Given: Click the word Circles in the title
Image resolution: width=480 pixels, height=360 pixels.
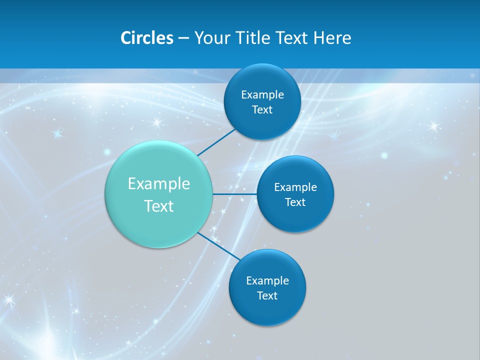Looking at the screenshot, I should (x=146, y=38).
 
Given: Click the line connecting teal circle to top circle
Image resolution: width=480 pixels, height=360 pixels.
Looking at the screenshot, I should (x=216, y=142).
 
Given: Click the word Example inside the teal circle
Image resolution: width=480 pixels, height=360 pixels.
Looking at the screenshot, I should (x=159, y=184).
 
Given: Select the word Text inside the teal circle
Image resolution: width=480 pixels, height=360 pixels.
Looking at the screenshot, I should (x=159, y=206).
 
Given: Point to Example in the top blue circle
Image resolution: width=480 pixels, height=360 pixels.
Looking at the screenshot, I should (x=262, y=95).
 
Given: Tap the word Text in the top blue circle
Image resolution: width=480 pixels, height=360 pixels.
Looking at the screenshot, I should (x=262, y=110).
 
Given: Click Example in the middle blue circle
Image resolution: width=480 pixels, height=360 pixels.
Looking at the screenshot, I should (x=295, y=187).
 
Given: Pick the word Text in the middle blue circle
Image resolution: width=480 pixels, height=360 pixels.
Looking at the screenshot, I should (x=295, y=202).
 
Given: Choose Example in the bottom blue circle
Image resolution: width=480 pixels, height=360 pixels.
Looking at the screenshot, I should (x=267, y=281).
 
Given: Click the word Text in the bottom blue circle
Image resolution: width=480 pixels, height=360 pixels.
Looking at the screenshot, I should (x=267, y=296).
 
